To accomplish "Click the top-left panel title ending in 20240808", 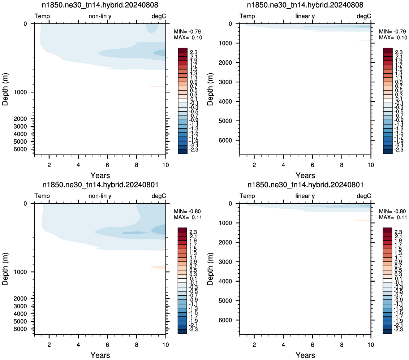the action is click(x=100, y=5).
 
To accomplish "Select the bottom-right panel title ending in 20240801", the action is click(x=305, y=185).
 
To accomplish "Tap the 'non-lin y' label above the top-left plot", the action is click(x=100, y=16).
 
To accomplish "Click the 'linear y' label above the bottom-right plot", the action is click(x=305, y=196).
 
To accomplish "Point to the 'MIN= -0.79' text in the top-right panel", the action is click(x=392, y=31).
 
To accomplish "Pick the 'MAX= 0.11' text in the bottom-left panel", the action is click(x=188, y=217).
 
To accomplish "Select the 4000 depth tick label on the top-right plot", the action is click(x=225, y=101).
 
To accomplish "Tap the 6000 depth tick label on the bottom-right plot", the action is click(x=225, y=320).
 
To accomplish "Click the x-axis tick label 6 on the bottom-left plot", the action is click(x=107, y=345).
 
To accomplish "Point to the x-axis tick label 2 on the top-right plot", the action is click(x=254, y=165).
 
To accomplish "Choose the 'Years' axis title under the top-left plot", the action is click(x=100, y=175).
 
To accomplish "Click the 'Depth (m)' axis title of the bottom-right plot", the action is click(x=210, y=269).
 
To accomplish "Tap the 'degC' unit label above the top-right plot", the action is click(x=363, y=16).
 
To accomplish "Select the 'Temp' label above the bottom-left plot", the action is click(x=42, y=196).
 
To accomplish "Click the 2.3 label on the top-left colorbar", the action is click(x=194, y=52).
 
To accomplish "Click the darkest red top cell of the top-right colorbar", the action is click(x=388, y=50).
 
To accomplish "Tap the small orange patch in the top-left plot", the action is click(x=158, y=87).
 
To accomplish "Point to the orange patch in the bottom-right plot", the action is click(x=363, y=221).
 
